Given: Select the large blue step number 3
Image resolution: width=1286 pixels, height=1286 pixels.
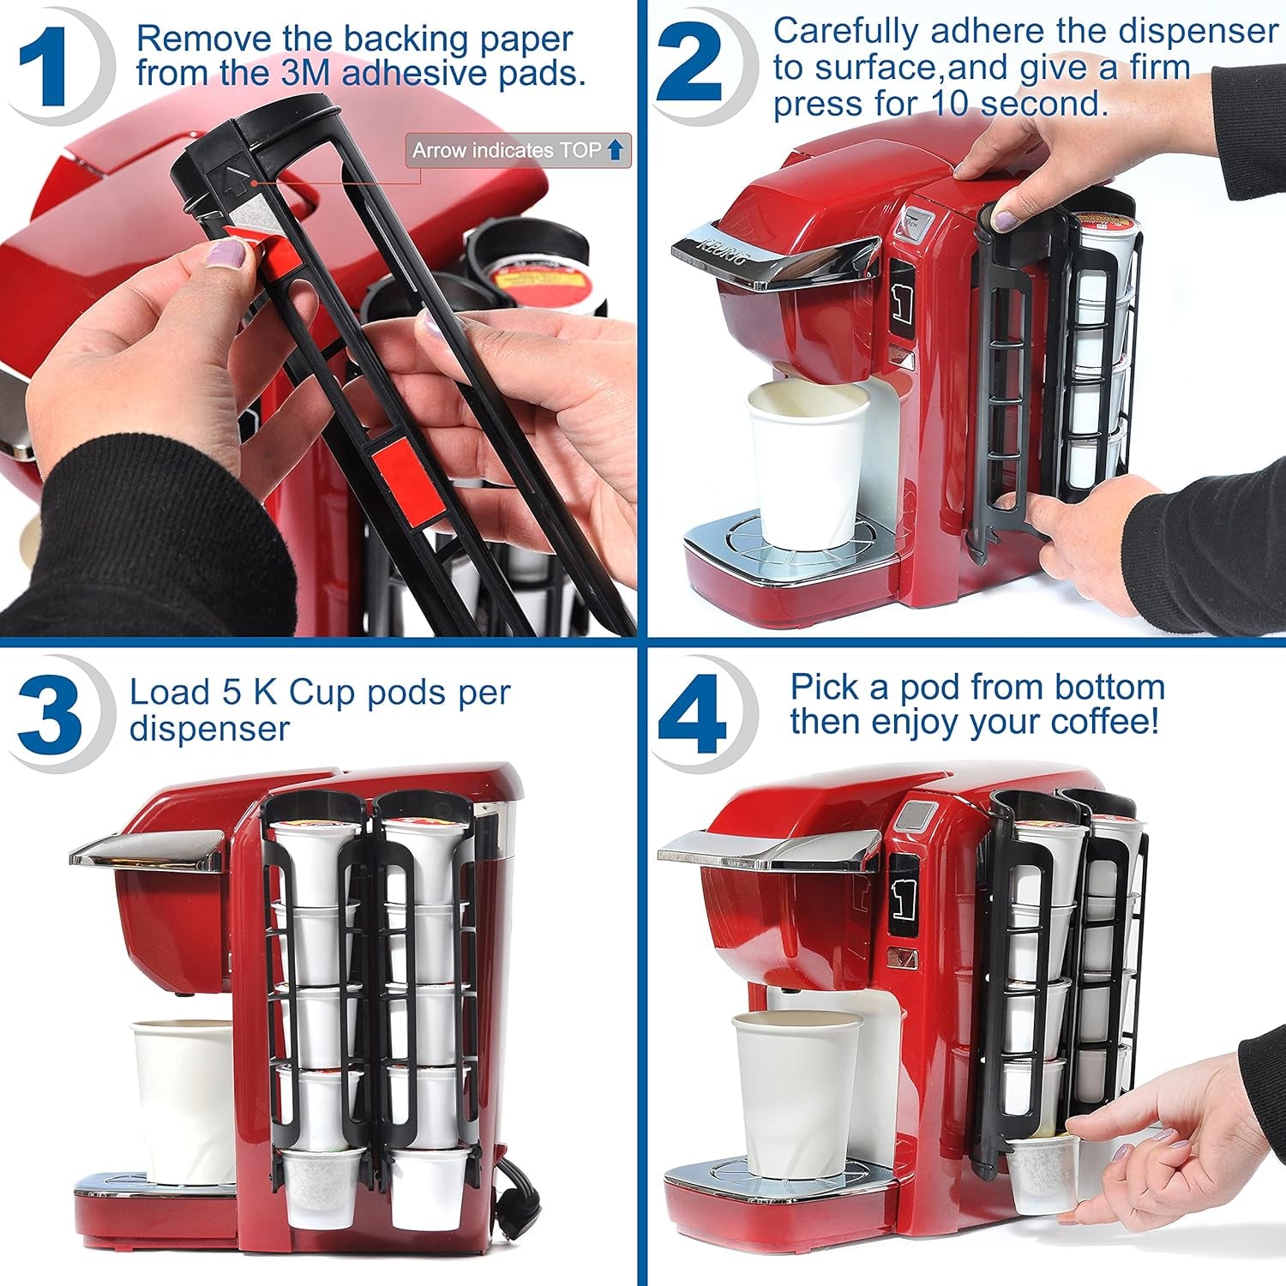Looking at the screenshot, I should pos(50,713).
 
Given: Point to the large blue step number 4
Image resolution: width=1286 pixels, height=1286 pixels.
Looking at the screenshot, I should pos(692,713).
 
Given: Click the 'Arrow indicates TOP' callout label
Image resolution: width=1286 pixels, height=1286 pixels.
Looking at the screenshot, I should pos(517,151).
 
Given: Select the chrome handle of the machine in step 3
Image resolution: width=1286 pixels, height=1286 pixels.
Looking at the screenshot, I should pos(146,849).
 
